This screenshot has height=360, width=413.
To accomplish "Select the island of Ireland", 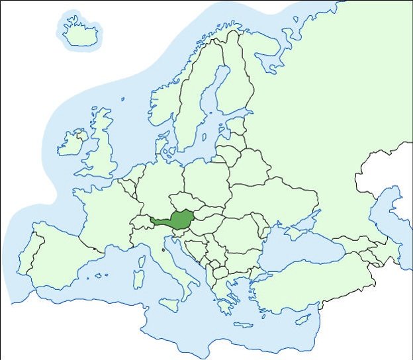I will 71,143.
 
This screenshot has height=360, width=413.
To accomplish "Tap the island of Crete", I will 244,325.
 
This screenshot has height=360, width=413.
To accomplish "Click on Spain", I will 60,255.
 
